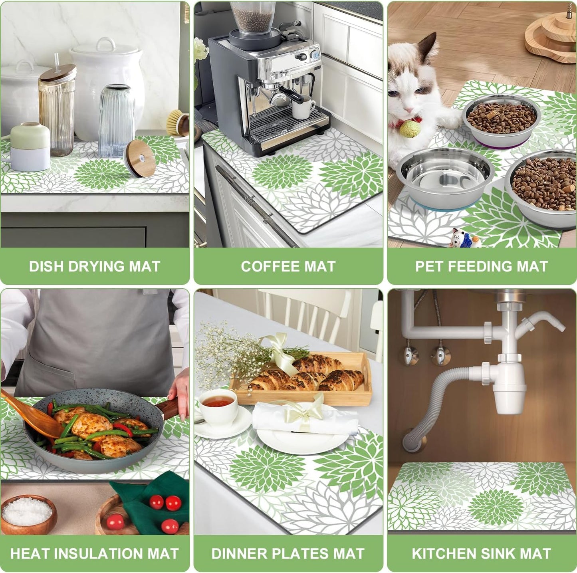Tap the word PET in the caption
[x=430, y=267]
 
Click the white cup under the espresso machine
[x=302, y=107]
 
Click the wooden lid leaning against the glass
[x=140, y=158]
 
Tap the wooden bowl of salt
[x=28, y=513]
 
